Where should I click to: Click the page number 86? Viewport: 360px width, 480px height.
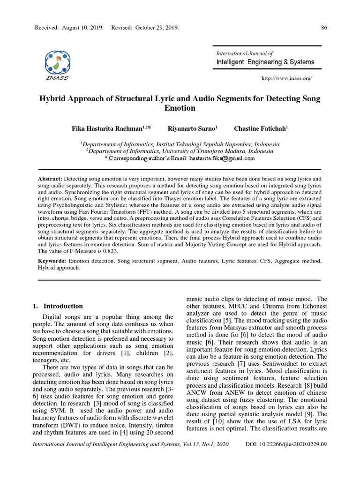(x=323, y=28)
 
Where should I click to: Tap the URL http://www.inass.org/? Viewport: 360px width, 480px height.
(x=286, y=78)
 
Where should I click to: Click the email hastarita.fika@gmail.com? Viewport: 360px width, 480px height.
(x=222, y=158)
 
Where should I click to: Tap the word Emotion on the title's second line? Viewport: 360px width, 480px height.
(x=180, y=108)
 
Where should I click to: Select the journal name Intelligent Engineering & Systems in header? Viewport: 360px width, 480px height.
(x=265, y=62)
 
